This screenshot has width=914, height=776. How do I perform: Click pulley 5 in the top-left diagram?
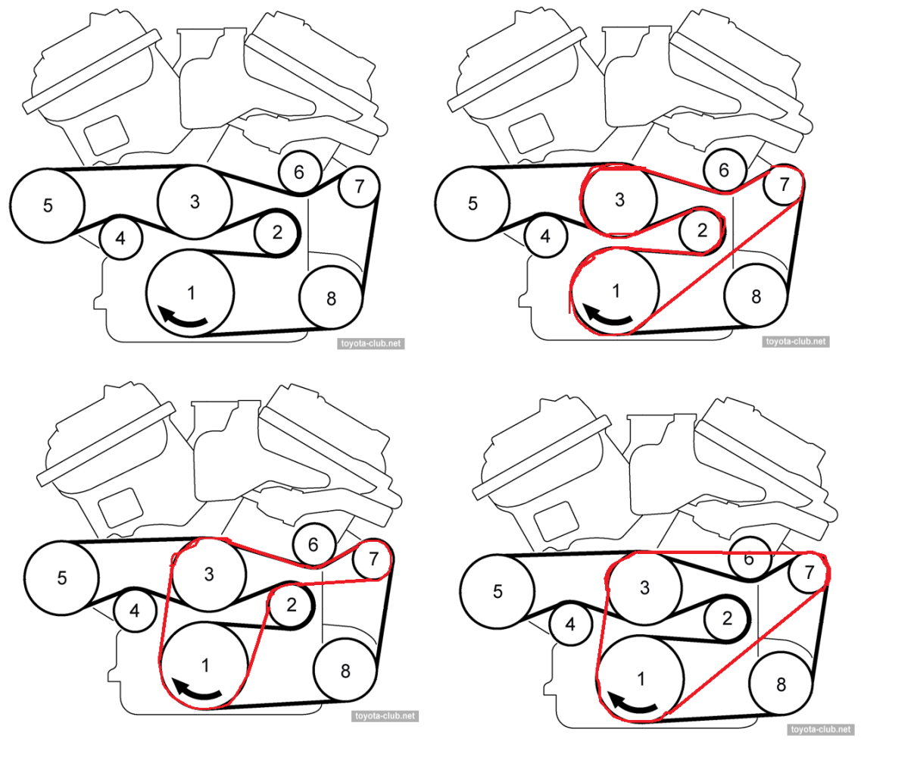(x=47, y=205)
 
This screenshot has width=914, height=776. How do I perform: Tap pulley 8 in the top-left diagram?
(x=331, y=298)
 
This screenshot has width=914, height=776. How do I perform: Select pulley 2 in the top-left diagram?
(x=277, y=233)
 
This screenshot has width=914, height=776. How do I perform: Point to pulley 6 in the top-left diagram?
(x=299, y=173)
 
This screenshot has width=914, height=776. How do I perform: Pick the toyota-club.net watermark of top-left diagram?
(x=371, y=343)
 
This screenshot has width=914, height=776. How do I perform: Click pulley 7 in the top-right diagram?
(x=784, y=184)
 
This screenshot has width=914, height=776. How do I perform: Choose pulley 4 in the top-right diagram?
(x=545, y=236)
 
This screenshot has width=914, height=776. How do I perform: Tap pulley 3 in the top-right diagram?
(x=619, y=199)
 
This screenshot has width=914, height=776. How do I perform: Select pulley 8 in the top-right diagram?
(x=756, y=296)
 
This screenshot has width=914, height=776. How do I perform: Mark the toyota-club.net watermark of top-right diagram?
(x=796, y=342)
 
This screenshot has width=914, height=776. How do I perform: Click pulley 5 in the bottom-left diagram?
(x=61, y=577)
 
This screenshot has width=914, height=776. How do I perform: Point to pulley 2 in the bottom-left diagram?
(x=292, y=605)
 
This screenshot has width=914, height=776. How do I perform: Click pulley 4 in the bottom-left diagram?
(x=135, y=609)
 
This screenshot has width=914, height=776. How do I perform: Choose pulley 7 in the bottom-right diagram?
(x=809, y=572)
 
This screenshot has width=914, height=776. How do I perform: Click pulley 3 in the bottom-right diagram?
(x=644, y=587)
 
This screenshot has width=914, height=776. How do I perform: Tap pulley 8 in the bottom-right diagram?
(x=781, y=684)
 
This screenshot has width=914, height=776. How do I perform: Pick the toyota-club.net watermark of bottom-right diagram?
(x=821, y=729)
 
